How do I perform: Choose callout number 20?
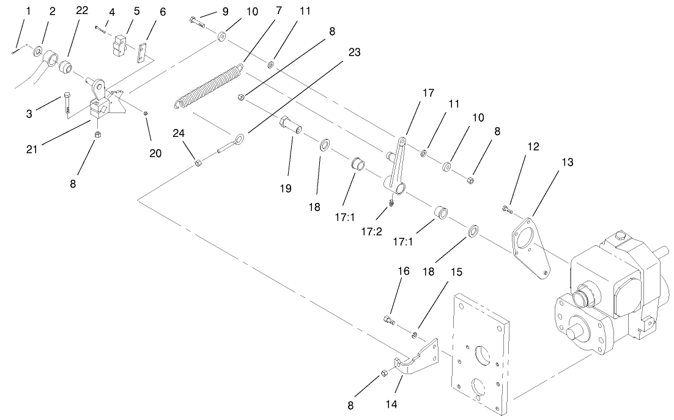coord(156,153)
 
